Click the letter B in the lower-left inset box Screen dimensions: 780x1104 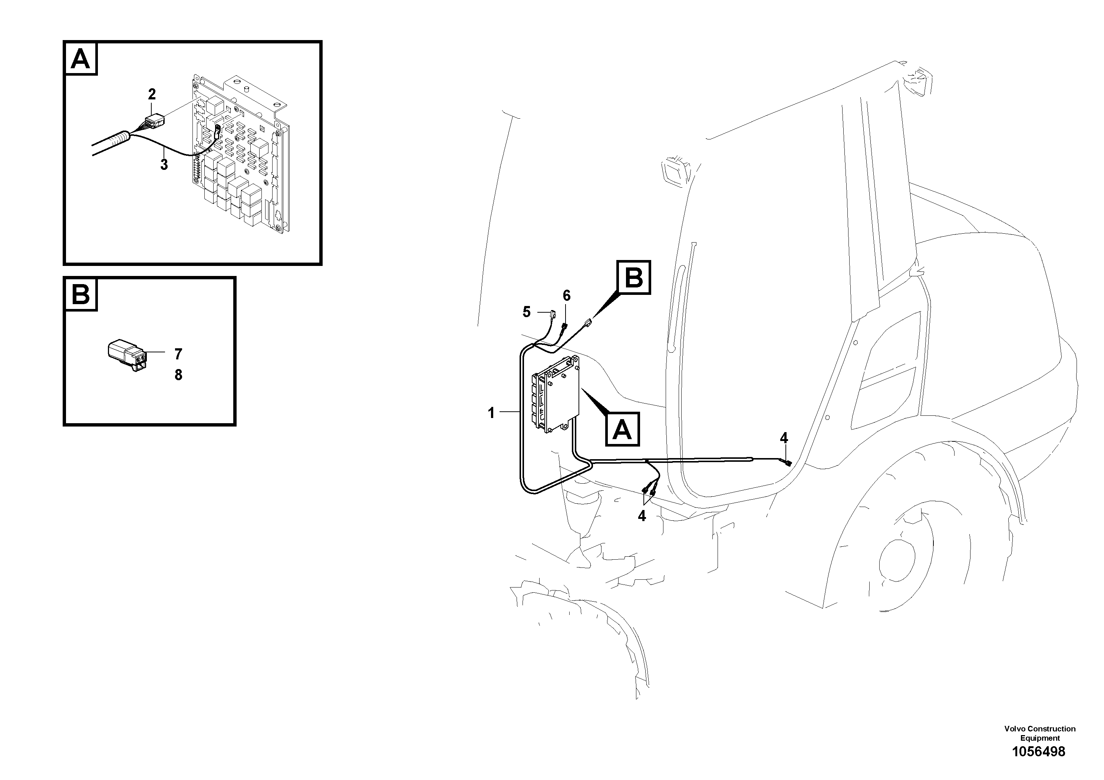(x=80, y=294)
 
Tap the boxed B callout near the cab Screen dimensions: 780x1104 (x=634, y=277)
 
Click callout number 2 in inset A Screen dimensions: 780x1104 (x=152, y=94)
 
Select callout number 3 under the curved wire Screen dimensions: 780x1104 (x=164, y=164)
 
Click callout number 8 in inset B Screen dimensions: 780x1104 (x=178, y=375)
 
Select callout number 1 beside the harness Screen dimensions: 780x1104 (x=491, y=412)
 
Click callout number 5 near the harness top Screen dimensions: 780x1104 (x=527, y=312)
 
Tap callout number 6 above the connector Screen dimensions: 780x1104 (x=566, y=296)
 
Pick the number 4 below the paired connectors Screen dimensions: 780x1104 (x=642, y=516)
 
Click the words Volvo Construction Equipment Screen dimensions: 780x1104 (x=1039, y=733)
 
